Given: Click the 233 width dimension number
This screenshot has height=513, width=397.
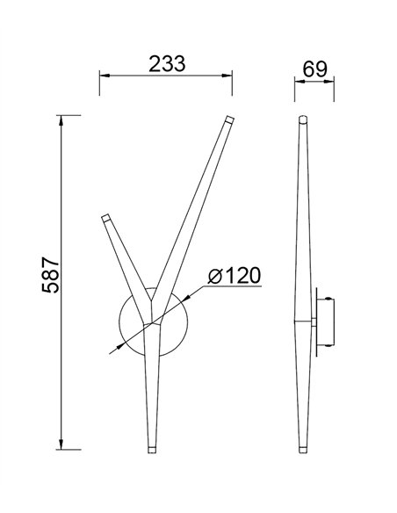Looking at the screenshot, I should click(166, 63).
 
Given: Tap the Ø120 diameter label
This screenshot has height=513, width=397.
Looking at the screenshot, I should click(235, 276).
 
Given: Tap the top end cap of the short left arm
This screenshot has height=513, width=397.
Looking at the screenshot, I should click(107, 215).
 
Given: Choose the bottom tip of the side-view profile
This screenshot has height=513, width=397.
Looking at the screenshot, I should click(304, 449).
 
